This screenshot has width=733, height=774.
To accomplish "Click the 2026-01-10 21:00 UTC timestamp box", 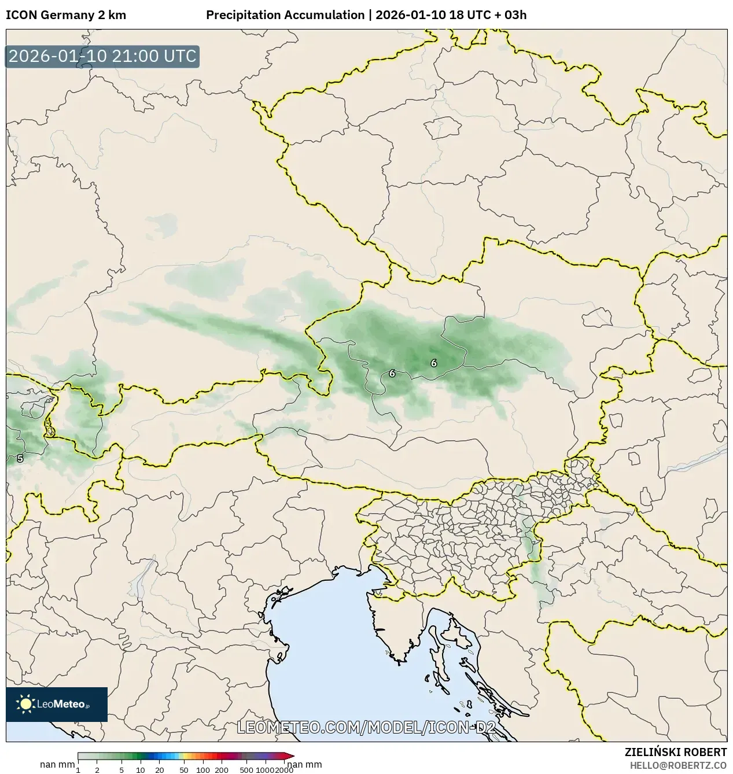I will [102, 57].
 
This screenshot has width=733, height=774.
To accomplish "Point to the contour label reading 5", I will [20, 459].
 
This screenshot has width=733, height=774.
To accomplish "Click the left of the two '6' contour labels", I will [392, 374].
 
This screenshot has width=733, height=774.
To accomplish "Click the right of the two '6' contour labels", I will [434, 363].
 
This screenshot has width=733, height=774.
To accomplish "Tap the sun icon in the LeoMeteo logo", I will [26, 704].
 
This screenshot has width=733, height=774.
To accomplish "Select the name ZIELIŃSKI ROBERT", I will [675, 752].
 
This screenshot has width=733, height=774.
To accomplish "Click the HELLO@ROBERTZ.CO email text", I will [678, 765].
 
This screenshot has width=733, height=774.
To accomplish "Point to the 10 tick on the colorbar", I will [140, 769].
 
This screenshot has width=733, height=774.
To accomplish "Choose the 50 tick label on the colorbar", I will [183, 769].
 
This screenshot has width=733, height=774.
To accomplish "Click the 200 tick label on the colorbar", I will [222, 769].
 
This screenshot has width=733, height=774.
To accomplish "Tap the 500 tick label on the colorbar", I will [246, 769].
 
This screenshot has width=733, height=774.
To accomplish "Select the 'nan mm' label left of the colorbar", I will [57, 765].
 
